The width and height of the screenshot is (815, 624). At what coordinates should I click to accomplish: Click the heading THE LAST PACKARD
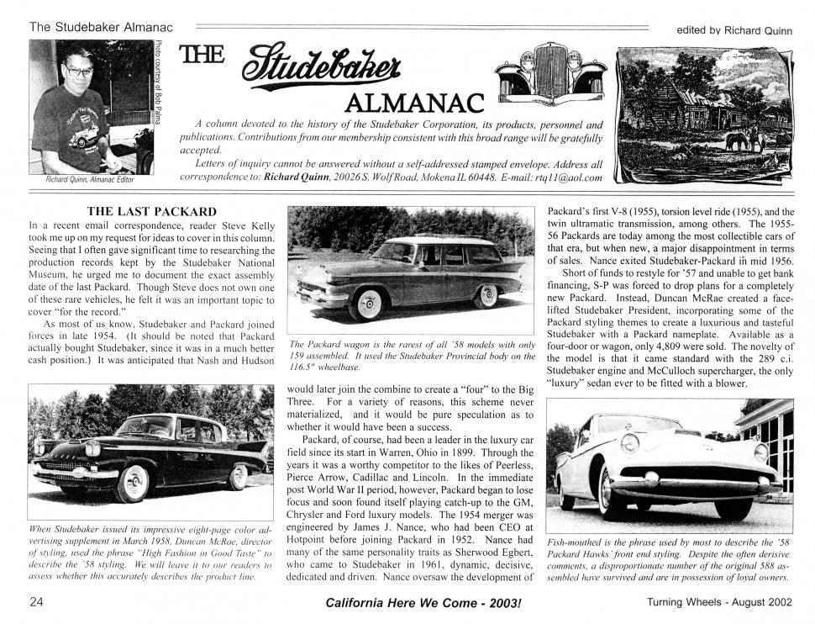[x=151, y=211]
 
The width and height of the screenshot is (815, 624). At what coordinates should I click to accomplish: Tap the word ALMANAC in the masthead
[x=414, y=103]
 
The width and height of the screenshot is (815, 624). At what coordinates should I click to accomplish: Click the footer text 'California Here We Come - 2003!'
[x=417, y=603]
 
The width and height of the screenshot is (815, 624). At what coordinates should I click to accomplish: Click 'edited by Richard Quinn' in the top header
[x=733, y=30]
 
